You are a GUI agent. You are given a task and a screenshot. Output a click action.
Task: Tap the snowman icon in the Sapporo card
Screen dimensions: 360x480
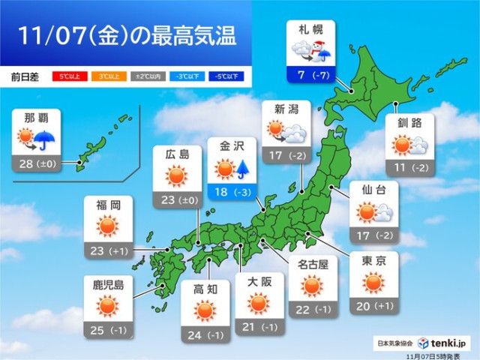(320, 49)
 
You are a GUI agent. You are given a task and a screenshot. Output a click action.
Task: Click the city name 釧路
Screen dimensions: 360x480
(409, 123)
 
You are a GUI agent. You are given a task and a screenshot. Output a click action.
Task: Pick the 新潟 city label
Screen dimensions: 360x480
(283, 109)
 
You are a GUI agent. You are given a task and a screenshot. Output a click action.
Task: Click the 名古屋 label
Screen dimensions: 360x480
(310, 262)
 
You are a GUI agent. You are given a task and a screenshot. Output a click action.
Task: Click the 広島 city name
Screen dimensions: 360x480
(175, 153)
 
